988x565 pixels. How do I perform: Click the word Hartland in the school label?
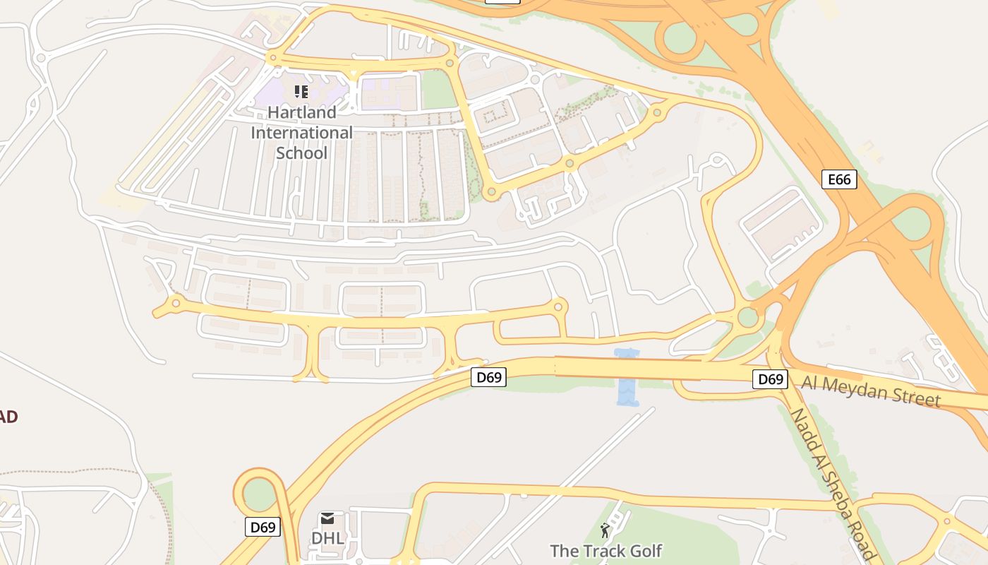301,112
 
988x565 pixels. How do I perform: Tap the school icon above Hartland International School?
301,91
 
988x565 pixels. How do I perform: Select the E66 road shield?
839,179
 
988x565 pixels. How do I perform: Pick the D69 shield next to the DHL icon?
263,526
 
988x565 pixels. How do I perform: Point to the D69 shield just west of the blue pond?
488,377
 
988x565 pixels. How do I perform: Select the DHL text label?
327,538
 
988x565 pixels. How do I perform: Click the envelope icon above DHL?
327,519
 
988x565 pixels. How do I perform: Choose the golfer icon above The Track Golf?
605,530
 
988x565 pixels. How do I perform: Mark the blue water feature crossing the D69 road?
626,378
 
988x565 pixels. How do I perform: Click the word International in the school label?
301,133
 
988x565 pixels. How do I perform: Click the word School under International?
301,153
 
